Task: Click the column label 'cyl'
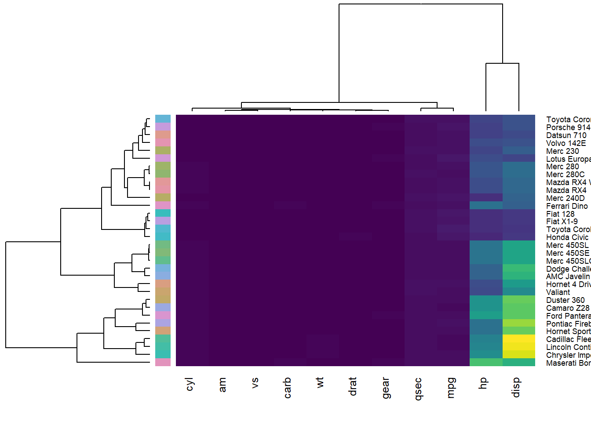[x=190, y=384]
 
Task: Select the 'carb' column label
[x=288, y=387]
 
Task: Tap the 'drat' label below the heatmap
[x=353, y=386]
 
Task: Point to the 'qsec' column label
[x=418, y=388]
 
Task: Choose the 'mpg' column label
[x=451, y=388]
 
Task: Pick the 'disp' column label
[x=516, y=387]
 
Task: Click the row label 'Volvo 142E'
[x=566, y=143]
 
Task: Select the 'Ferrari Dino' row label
[x=567, y=206]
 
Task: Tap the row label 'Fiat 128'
[x=560, y=214]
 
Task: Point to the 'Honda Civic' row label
[x=567, y=237]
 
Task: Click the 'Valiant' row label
[x=558, y=292]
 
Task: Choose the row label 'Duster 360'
[x=565, y=300]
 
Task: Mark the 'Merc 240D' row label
[x=565, y=198]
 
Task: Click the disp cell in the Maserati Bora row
[x=519, y=362]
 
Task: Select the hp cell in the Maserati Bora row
[x=486, y=362]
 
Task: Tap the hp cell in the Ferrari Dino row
[x=486, y=205]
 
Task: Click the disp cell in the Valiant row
[x=519, y=291]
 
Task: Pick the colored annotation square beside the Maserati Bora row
[x=163, y=362]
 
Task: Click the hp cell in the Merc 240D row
[x=486, y=197]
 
